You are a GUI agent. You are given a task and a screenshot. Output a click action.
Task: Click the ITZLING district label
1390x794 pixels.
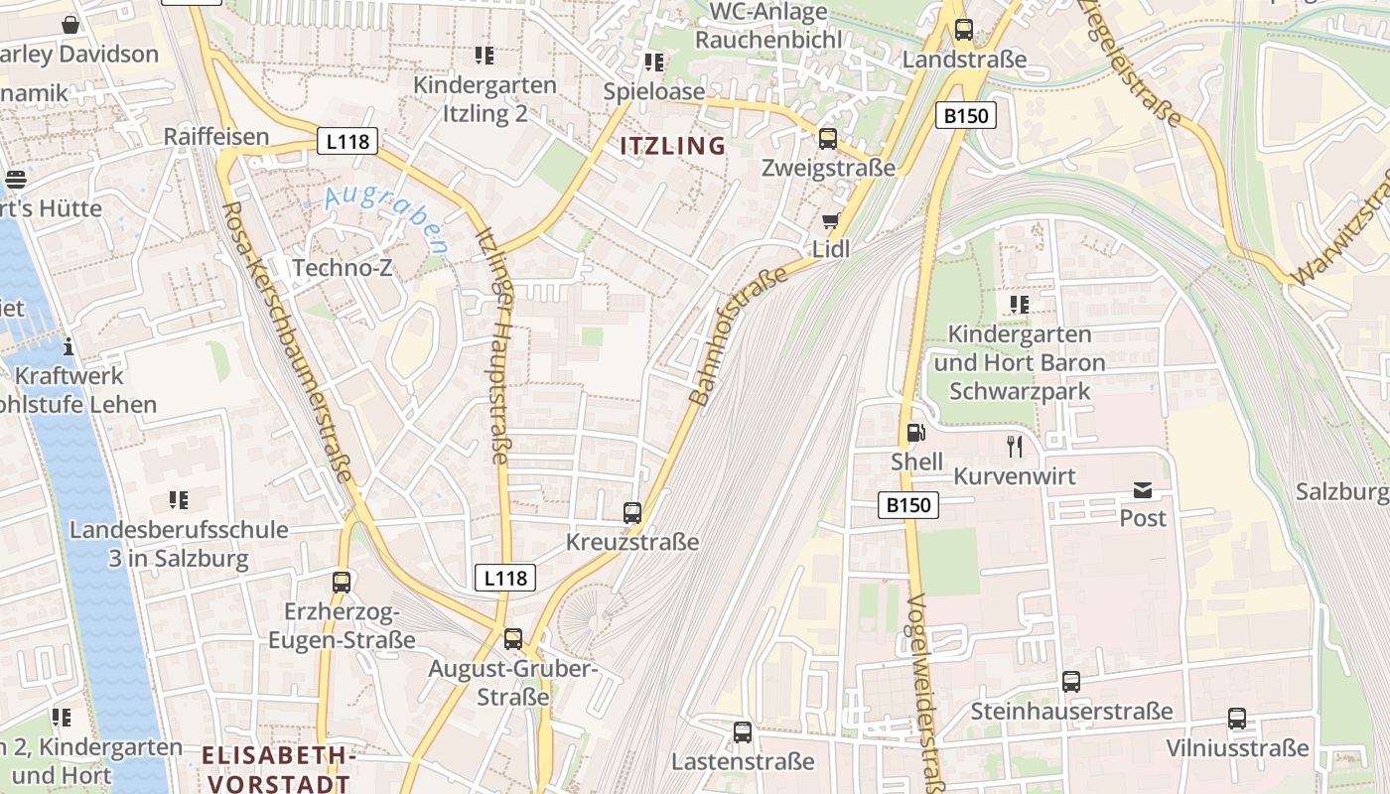point(673,146)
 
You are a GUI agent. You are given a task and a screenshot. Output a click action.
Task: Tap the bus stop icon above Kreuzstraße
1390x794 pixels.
point(632,513)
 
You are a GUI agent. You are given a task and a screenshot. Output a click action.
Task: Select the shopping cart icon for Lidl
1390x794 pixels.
point(831,220)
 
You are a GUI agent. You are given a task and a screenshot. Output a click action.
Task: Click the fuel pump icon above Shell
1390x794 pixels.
point(915,433)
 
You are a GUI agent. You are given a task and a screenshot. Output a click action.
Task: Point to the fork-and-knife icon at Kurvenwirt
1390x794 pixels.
point(1014,447)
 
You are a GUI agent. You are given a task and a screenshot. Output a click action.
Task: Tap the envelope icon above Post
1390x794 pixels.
point(1143,489)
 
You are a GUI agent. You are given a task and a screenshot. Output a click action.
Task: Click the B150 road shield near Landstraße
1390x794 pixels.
point(965,116)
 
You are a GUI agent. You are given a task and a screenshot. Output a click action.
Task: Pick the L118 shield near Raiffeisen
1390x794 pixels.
point(347,141)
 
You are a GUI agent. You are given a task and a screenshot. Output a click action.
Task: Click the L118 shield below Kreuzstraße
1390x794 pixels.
point(505,578)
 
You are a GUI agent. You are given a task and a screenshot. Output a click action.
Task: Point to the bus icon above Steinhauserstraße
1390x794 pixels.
point(1071,682)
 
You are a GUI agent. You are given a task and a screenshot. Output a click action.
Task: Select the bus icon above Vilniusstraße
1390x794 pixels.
point(1236,719)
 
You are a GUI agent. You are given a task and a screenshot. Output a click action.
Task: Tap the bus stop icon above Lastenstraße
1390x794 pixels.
point(742,732)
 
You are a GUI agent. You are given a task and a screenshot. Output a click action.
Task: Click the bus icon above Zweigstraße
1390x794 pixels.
point(827,139)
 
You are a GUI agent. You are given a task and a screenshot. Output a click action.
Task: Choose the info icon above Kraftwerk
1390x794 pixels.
point(69,347)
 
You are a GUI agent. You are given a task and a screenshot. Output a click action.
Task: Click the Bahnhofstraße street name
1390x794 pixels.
point(737,333)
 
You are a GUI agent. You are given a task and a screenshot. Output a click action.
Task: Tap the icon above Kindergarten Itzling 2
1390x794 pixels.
point(484,56)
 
